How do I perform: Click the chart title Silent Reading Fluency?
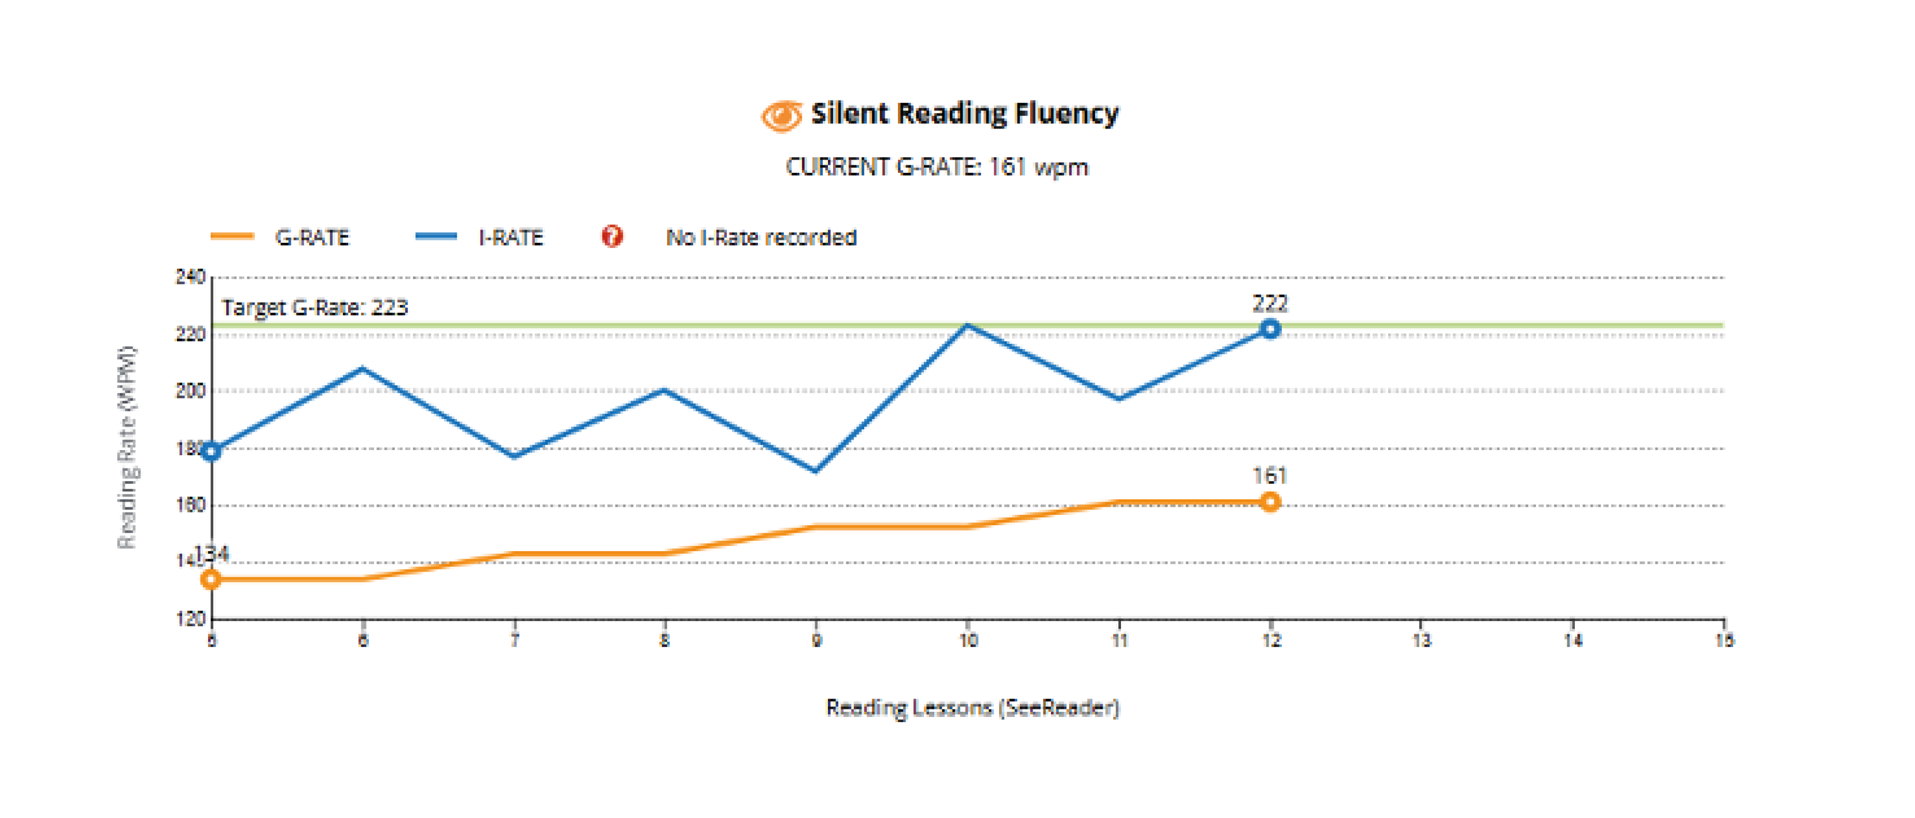[x=964, y=114]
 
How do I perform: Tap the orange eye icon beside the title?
[x=781, y=116]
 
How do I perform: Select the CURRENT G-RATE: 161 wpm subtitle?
[x=937, y=167]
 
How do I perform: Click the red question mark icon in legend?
[x=612, y=237]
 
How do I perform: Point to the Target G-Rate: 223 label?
[x=314, y=308]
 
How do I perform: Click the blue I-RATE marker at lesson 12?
[x=1270, y=329]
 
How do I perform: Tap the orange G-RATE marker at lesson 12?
[x=1270, y=502]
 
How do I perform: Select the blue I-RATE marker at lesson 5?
[x=212, y=451]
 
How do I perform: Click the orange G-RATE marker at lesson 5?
[x=212, y=580]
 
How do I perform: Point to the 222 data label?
[x=1270, y=303]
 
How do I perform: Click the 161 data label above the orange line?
[x=1270, y=475]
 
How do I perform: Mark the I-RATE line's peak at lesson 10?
[x=967, y=325]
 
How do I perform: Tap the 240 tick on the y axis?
[x=190, y=277]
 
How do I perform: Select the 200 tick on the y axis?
[x=190, y=391]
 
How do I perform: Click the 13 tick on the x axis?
[x=1421, y=641]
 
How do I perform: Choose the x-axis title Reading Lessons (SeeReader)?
[x=972, y=707]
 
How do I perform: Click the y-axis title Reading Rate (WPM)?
[x=127, y=447]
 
